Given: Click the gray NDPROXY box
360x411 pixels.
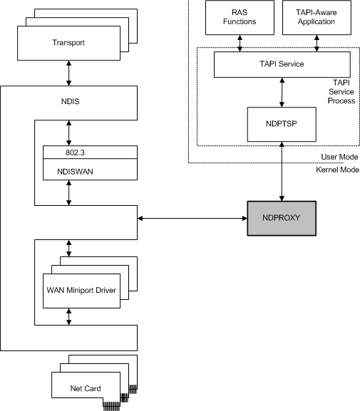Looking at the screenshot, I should tap(282, 218).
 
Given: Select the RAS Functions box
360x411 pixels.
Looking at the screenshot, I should tap(240, 17).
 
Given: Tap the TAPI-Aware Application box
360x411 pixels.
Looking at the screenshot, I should tap(317, 17).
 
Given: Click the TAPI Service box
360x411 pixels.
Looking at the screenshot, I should tap(282, 64).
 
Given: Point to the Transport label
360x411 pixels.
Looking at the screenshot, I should tap(68, 43).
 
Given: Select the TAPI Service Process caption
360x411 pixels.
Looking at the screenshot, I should tap(340, 92).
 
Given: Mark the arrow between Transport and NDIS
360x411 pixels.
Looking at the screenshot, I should tap(68, 73).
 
